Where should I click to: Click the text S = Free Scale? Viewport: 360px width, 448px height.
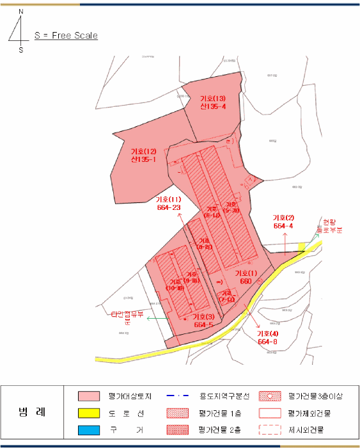point(67,35)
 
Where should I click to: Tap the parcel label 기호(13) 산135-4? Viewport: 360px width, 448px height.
point(213,102)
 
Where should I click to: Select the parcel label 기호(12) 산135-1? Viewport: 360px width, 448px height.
point(144,155)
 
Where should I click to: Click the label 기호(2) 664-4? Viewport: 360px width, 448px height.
point(283,221)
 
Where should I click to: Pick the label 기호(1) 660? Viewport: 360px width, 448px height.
point(246,277)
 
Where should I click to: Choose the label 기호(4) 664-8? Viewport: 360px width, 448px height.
point(267,337)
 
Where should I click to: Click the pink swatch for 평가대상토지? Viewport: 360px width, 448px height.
point(88,396)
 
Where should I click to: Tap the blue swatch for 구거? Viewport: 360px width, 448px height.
point(88,429)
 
